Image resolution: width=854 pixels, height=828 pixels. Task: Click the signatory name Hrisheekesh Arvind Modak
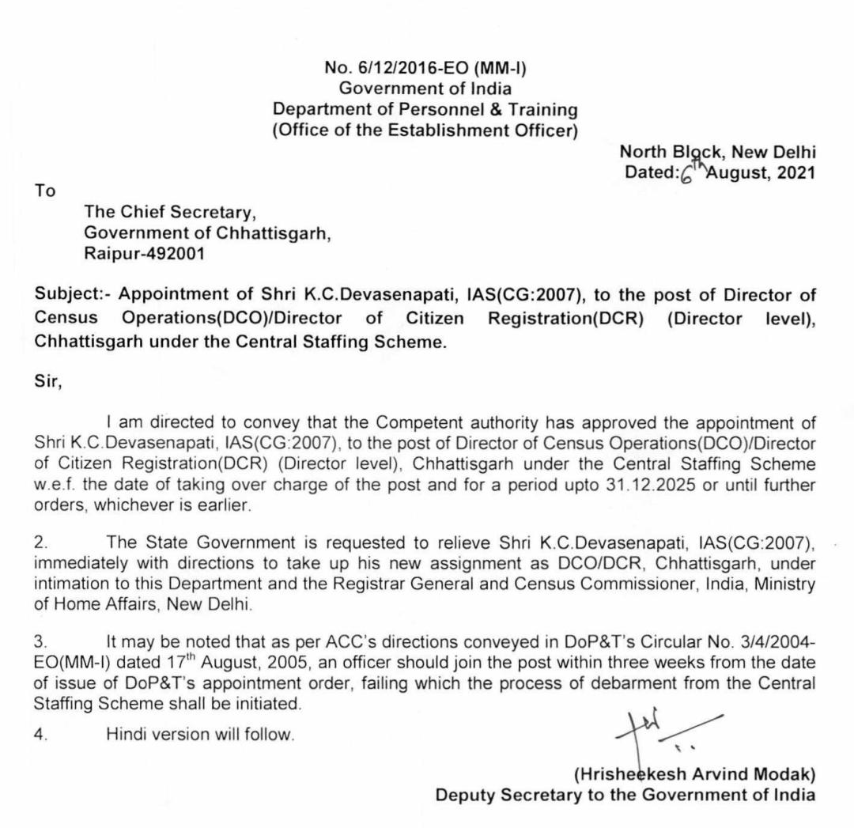[694, 773]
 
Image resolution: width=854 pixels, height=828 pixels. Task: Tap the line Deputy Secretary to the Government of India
[625, 794]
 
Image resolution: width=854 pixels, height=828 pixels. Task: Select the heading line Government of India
[425, 89]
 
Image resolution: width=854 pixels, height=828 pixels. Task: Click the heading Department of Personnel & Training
[425, 109]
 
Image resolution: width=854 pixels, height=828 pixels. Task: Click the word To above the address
[46, 191]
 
